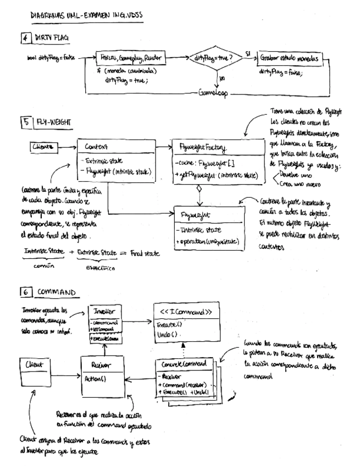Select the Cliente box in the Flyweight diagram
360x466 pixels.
click(x=43, y=146)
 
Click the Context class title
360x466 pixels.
click(x=97, y=147)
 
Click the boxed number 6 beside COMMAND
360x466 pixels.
click(x=26, y=292)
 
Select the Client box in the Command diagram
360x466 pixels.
click(x=35, y=364)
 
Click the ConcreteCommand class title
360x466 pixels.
click(x=181, y=364)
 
